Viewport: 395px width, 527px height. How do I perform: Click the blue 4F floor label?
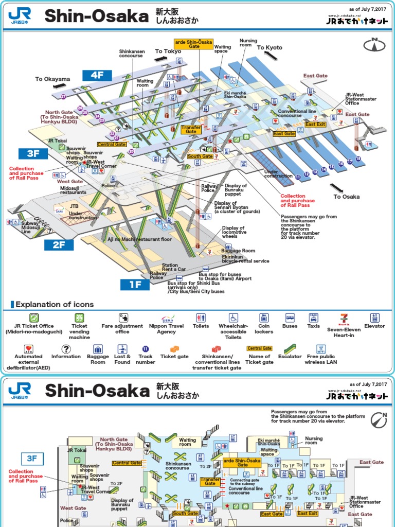(x=97, y=75)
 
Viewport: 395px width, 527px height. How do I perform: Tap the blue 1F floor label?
(x=135, y=284)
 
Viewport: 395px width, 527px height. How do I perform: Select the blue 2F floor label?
(x=59, y=244)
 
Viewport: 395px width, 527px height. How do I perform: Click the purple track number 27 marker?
(x=64, y=96)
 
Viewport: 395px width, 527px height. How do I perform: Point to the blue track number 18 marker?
(x=358, y=159)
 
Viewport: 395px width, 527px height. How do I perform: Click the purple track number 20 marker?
(x=132, y=152)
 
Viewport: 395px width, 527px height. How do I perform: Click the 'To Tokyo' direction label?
(x=168, y=51)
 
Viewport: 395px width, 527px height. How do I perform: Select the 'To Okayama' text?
(x=52, y=79)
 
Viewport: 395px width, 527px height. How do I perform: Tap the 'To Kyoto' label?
(x=270, y=48)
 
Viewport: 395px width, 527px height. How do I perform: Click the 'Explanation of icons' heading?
(x=55, y=304)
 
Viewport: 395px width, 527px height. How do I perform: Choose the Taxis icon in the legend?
(x=313, y=318)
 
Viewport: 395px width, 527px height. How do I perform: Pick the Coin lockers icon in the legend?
(x=263, y=318)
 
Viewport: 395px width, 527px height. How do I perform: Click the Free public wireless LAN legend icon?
(x=321, y=348)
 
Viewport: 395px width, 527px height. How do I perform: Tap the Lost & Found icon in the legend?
(x=122, y=348)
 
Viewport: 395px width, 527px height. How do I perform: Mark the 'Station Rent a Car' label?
(x=174, y=267)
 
